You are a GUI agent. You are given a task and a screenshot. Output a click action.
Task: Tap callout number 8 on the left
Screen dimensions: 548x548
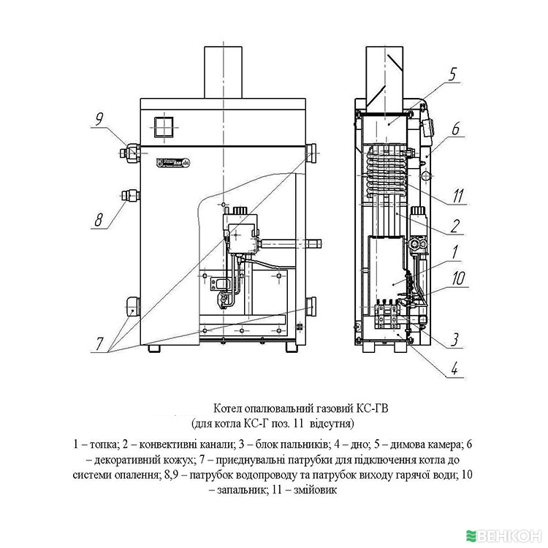(99, 218)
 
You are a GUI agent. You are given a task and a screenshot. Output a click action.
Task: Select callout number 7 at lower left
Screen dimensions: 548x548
(99, 343)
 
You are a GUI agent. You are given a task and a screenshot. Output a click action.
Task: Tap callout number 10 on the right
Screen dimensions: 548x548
(457, 277)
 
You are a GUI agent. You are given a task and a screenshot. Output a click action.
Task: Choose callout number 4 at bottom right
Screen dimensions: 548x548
(453, 368)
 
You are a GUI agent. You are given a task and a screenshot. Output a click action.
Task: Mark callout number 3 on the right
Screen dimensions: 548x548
(454, 338)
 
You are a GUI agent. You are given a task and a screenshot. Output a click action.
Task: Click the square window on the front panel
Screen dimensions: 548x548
(165, 126)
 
